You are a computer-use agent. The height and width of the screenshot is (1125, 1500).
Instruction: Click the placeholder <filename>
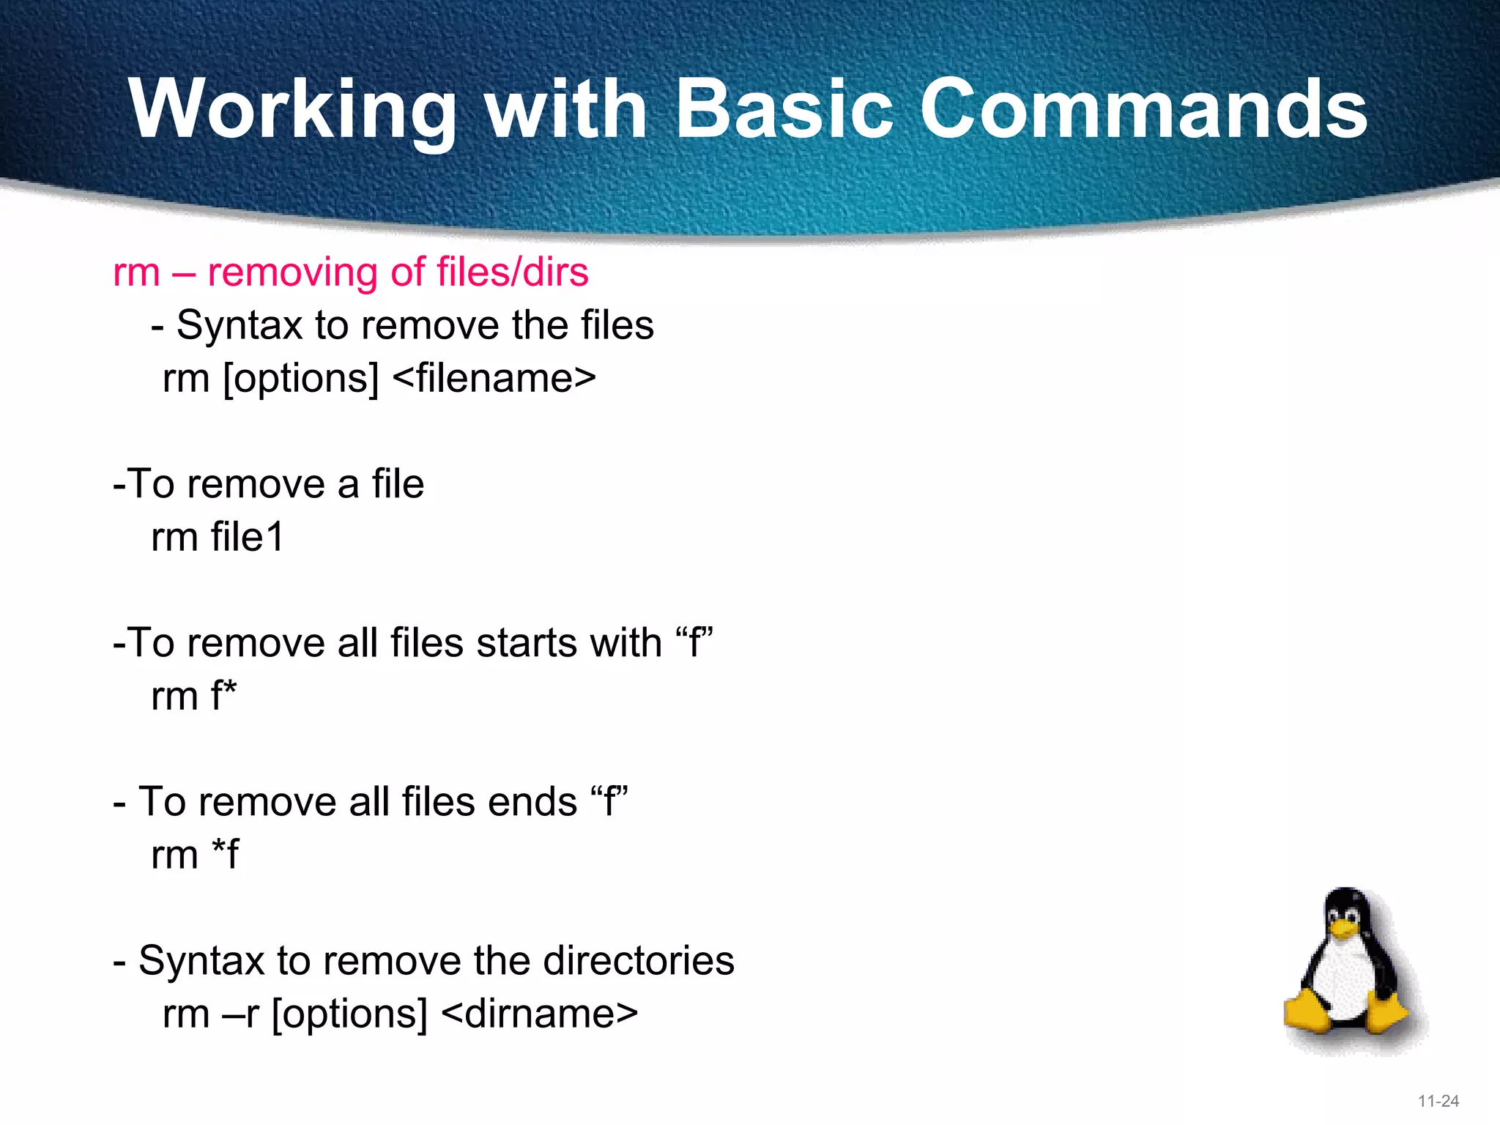coord(494,379)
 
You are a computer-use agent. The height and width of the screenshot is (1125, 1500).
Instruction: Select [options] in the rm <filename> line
coord(300,379)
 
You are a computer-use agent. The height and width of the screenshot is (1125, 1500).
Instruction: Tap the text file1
coord(247,537)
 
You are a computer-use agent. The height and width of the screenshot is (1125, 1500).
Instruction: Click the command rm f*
coord(193,696)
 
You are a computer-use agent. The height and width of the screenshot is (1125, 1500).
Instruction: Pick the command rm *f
coord(194,854)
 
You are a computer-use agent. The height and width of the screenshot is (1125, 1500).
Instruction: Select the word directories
coord(638,960)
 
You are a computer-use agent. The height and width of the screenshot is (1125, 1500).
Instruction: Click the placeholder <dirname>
coord(540,1014)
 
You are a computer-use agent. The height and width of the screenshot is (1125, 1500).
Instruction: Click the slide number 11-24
coord(1438,1101)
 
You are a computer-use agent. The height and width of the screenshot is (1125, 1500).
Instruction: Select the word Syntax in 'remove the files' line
coord(239,325)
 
